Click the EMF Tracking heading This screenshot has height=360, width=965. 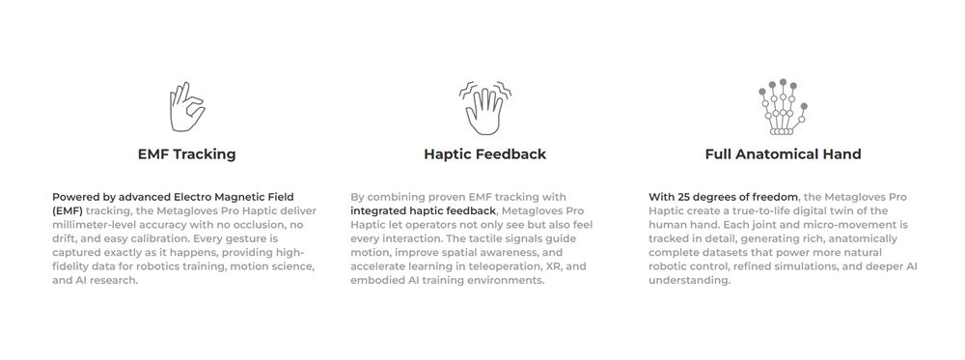coord(186,153)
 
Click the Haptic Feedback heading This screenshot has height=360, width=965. coord(484,153)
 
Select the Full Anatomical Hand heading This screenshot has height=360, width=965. coord(783,153)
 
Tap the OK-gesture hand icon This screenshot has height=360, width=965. coord(185,106)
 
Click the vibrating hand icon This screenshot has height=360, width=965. coord(484,106)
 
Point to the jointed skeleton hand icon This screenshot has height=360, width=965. coord(782,106)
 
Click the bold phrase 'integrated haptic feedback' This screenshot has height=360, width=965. coord(423,210)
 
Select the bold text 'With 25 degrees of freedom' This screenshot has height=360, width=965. coord(723,197)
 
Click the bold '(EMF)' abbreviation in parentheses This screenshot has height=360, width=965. coord(68,210)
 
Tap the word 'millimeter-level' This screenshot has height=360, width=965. coord(96,225)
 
